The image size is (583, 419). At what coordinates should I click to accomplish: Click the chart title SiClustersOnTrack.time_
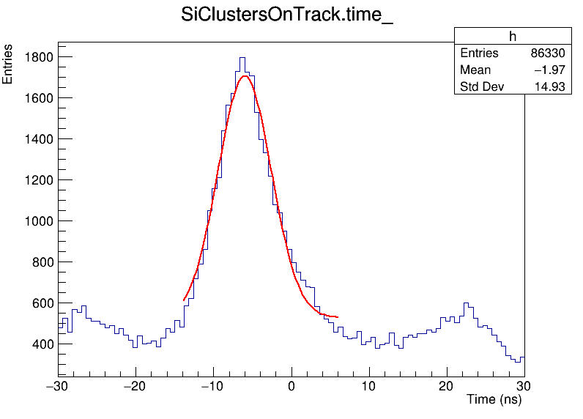coord(287,16)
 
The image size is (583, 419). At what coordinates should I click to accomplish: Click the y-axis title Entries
coord(8,64)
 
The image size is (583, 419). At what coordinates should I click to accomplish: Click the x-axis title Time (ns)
coord(494,400)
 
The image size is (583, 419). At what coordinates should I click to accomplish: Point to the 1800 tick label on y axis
coord(37,57)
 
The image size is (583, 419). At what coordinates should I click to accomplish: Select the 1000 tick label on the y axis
coord(37,221)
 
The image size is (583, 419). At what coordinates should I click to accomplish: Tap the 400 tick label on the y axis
coord(40,344)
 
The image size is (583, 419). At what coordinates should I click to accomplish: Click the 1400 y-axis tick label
coord(37,139)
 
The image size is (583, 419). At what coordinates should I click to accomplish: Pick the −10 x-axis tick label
coord(212,385)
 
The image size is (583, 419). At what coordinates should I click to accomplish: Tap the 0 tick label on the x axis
coord(291,385)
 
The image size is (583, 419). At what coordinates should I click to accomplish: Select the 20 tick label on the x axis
coord(447,385)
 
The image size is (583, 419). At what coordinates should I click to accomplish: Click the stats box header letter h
coord(513,37)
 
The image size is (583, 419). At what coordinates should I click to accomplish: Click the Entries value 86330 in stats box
coord(548,53)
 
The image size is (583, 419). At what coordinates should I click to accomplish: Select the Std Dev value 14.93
coord(551,87)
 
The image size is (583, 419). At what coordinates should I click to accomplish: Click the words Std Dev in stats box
coord(478,87)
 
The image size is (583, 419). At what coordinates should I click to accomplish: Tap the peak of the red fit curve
coord(245,76)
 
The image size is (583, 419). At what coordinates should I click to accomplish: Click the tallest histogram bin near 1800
coord(242,59)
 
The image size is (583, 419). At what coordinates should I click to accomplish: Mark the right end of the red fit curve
coord(338,317)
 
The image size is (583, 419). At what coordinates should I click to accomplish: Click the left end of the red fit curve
coord(184,300)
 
